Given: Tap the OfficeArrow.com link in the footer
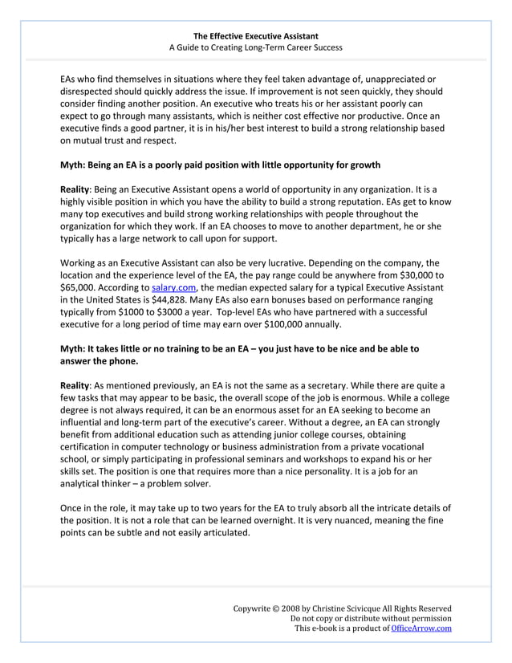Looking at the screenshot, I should pos(421,628).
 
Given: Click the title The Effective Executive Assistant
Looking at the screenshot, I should pos(255,36).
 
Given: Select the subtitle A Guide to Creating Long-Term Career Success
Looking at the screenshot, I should pos(255,48).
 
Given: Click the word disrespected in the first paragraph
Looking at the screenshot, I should pos(91,92).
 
